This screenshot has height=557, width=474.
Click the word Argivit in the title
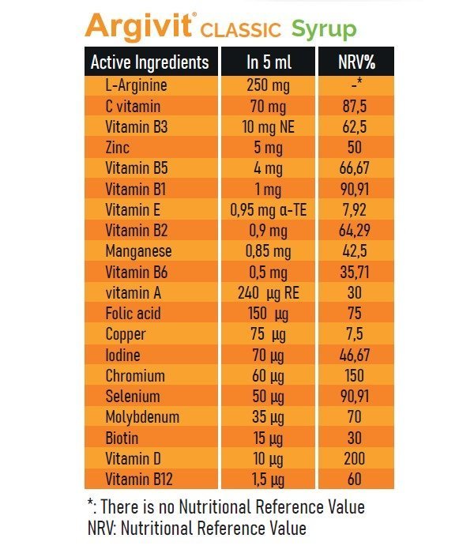[x=139, y=27]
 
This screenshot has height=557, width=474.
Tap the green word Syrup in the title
[x=324, y=29]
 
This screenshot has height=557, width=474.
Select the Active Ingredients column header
[x=150, y=62]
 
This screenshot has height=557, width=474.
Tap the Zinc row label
[x=118, y=147]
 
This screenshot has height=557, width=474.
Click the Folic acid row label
[x=133, y=313]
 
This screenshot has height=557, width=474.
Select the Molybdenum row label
[x=142, y=416]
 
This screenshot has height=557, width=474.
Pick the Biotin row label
[x=122, y=437]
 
